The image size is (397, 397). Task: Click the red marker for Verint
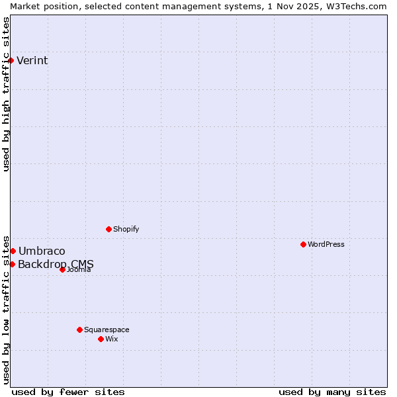11,60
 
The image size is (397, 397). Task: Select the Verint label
32,61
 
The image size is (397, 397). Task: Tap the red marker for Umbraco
13,251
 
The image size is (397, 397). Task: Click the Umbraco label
42,251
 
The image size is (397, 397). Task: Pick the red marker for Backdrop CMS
12,264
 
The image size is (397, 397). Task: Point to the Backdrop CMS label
56,265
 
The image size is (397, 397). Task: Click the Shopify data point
109,229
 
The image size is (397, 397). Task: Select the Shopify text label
126,230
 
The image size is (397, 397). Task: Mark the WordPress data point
303,244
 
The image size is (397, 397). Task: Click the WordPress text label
326,245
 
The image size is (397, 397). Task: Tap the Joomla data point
62,269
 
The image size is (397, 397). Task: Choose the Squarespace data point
79,330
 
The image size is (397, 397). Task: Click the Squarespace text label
107,330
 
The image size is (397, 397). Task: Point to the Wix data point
101,339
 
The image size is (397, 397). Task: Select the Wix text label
112,339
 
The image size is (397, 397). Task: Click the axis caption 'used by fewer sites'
68,392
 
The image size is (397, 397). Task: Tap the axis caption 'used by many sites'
332,392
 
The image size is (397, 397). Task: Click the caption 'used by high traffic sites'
6,94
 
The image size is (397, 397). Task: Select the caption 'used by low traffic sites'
6,309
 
